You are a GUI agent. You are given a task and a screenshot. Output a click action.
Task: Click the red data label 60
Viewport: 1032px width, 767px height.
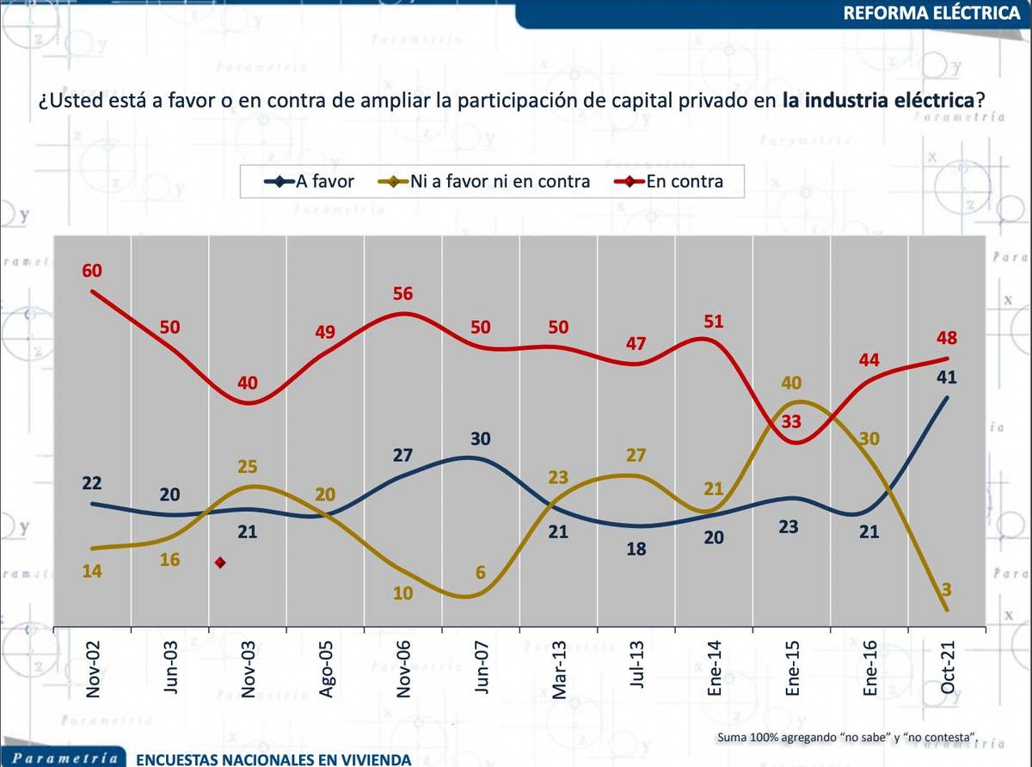92,271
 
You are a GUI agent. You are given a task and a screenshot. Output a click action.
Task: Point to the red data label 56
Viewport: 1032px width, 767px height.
402,294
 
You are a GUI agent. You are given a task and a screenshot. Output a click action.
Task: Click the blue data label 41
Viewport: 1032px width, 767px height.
948,377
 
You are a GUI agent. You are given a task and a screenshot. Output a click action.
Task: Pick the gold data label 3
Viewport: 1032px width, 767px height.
948,589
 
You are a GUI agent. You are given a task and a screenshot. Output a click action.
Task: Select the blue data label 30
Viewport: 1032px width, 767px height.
482,438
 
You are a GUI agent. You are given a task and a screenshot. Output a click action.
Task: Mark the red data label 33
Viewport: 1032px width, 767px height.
791,421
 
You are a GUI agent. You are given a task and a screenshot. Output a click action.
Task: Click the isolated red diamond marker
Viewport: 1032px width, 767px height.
220,562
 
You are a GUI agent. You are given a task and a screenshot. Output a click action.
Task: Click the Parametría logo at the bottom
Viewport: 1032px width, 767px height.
65,758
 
